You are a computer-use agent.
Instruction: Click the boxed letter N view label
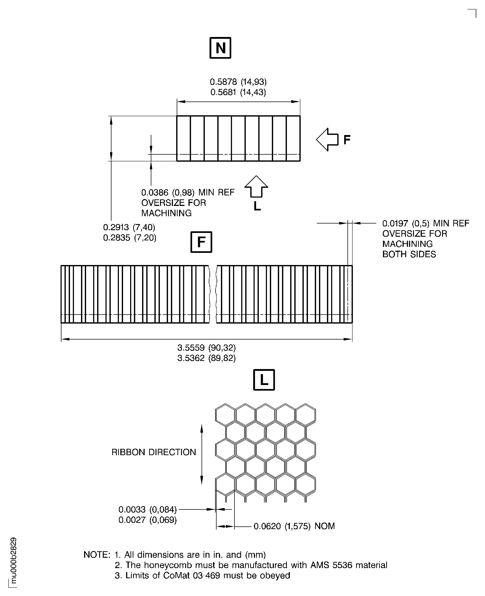(x=220, y=48)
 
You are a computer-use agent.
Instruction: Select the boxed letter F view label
(x=201, y=242)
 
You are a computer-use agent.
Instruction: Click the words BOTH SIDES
(x=409, y=254)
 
